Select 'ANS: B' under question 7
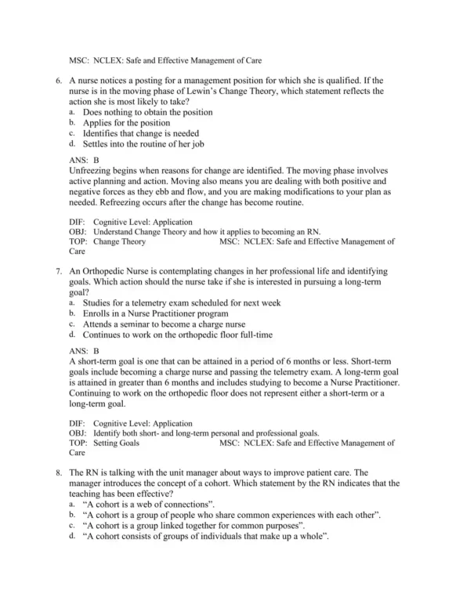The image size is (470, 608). pos(84,352)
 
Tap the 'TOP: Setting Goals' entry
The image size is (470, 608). pos(104,443)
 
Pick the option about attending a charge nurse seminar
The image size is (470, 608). pos(164,324)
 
